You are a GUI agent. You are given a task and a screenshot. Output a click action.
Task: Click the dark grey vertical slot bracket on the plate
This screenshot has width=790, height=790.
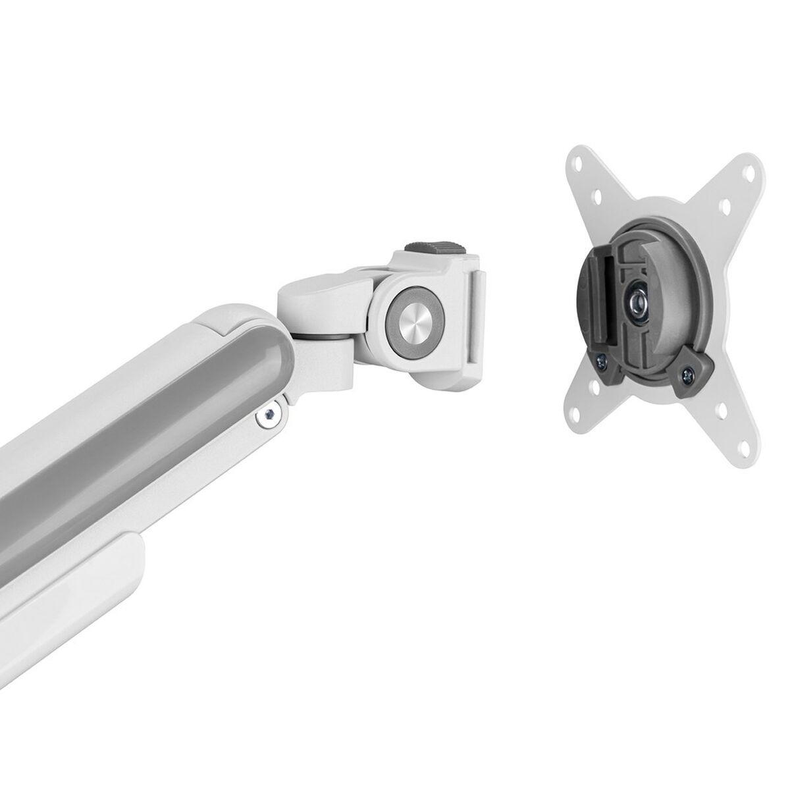click(x=592, y=290)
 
